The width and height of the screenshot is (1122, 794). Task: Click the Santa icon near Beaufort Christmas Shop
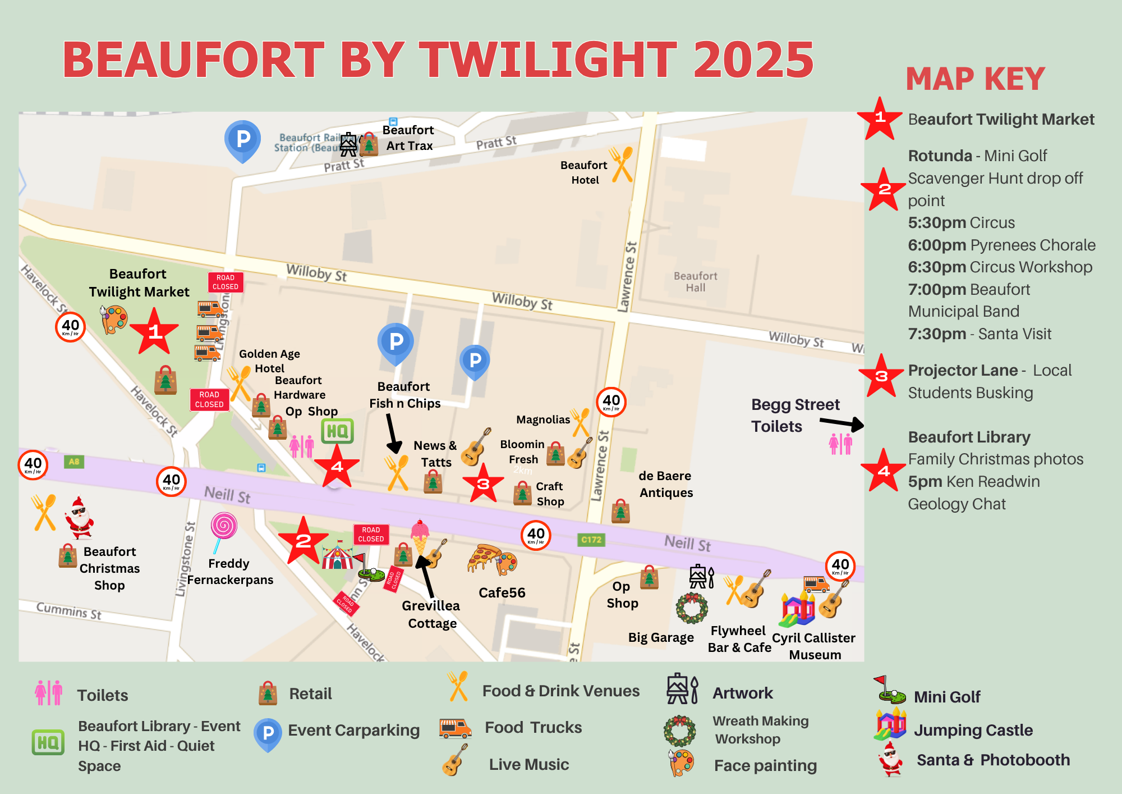click(x=79, y=518)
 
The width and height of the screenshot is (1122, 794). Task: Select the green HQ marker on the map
click(x=337, y=431)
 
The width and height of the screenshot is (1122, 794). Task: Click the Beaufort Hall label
click(x=695, y=282)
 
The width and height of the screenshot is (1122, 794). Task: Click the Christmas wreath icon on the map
click(x=692, y=608)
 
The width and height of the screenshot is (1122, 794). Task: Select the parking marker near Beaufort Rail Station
click(x=242, y=140)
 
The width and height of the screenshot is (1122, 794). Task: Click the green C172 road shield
click(x=591, y=540)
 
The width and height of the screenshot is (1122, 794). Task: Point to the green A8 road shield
click(x=74, y=462)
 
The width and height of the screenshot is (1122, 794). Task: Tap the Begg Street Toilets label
click(x=795, y=416)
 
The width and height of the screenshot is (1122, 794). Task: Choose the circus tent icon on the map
click(x=337, y=556)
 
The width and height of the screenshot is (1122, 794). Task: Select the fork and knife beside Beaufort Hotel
click(x=622, y=164)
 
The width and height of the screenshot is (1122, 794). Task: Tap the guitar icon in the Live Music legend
click(x=454, y=760)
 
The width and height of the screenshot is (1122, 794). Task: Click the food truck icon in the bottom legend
click(x=455, y=728)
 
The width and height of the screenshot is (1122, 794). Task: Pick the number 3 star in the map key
click(x=881, y=376)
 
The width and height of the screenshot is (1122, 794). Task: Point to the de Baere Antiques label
click(x=665, y=484)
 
